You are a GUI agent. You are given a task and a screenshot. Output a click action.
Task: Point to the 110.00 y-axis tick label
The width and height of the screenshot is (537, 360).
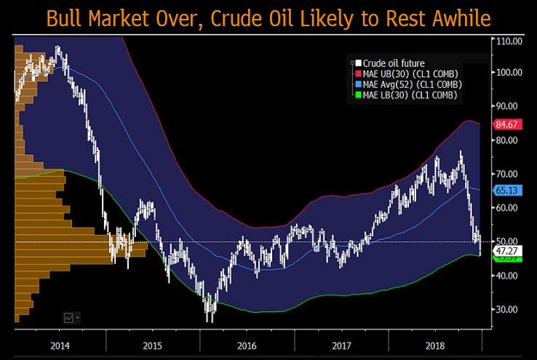pos(509,41)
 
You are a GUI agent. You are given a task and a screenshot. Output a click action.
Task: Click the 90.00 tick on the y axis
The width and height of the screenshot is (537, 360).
pos(509,106)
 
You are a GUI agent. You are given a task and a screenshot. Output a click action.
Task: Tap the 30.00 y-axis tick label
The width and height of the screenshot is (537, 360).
pos(509,309)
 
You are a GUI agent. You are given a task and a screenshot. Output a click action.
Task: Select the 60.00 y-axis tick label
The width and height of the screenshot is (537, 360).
pos(509,208)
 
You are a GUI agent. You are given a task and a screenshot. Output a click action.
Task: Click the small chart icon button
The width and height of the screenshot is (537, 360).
pos(71,317)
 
